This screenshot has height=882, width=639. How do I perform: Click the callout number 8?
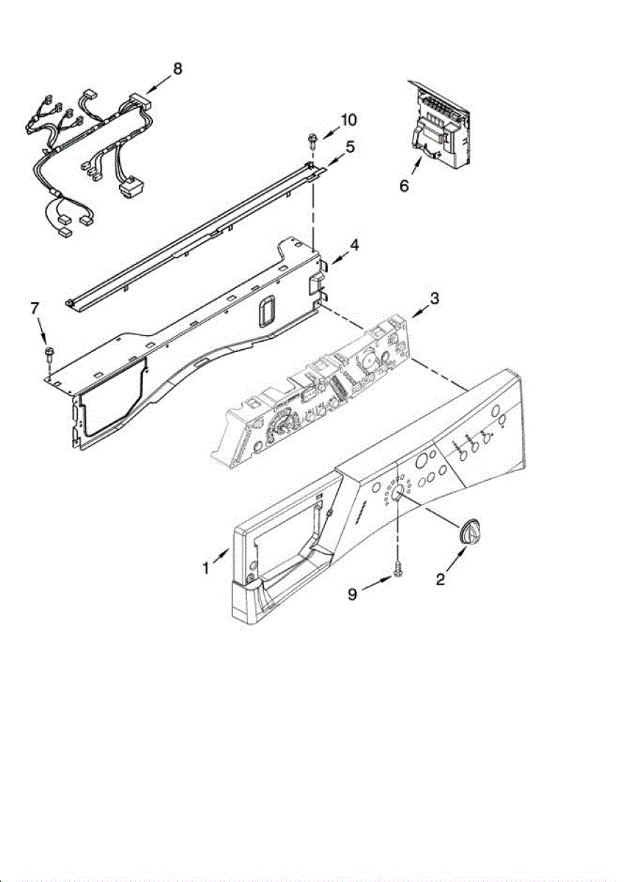[x=176, y=69]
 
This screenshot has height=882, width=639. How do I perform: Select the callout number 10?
[x=348, y=120]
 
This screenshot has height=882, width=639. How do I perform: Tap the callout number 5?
[x=350, y=147]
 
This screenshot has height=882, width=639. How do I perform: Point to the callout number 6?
[x=404, y=186]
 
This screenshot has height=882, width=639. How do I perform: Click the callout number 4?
[x=354, y=245]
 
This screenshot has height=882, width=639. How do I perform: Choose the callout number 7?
[x=34, y=309]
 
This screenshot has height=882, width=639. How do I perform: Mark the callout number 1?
[x=207, y=568]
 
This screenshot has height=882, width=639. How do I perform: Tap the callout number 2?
[x=440, y=579]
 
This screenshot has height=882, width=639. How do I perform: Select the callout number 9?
[x=353, y=593]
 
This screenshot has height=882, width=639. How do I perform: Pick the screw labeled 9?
[x=398, y=569]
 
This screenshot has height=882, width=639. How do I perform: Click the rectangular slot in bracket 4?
[x=263, y=312]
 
